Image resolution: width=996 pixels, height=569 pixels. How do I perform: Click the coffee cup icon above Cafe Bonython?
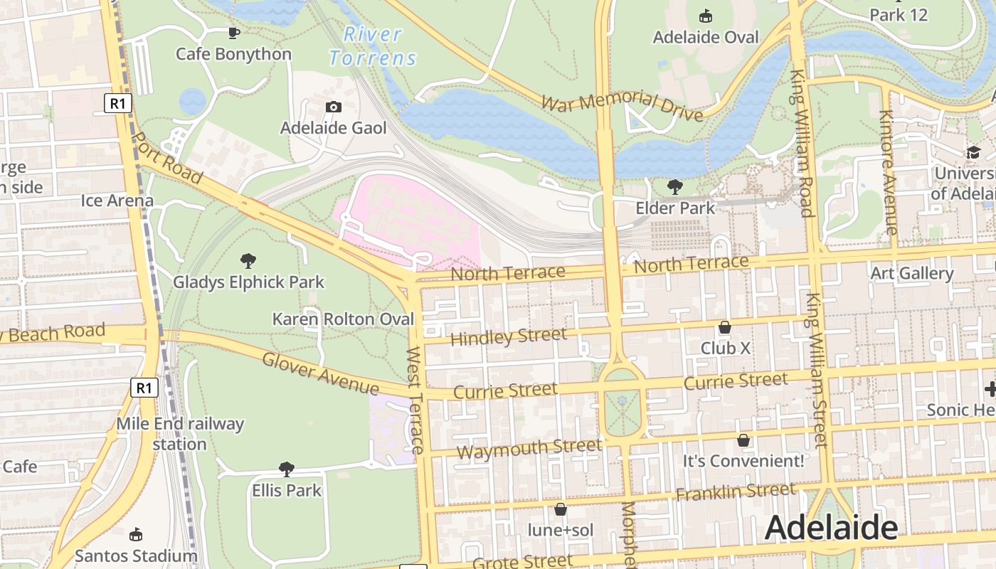click(x=233, y=33)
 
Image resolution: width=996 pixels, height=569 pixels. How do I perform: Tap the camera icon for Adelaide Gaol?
click(x=333, y=107)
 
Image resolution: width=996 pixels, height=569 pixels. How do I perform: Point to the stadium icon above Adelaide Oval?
click(x=706, y=16)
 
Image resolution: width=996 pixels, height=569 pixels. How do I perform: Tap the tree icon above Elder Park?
click(x=674, y=187)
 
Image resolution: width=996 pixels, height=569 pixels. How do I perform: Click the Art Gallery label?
click(x=911, y=273)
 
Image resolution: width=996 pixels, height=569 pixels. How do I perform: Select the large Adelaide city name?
click(x=830, y=528)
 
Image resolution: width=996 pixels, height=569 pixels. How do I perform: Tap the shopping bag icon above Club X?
click(x=724, y=328)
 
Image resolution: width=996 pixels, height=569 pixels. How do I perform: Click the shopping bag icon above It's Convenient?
click(x=743, y=441)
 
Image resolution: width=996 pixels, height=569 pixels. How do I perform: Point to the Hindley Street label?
click(x=508, y=336)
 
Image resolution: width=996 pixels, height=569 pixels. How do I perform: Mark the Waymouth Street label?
click(x=529, y=449)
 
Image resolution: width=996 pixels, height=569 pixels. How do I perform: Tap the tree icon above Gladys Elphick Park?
click(x=248, y=261)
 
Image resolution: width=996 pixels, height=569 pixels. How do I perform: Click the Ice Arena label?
click(x=117, y=201)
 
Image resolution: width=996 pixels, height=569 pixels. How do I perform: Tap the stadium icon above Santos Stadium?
click(x=136, y=535)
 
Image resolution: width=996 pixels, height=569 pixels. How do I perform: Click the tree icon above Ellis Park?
click(x=286, y=469)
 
